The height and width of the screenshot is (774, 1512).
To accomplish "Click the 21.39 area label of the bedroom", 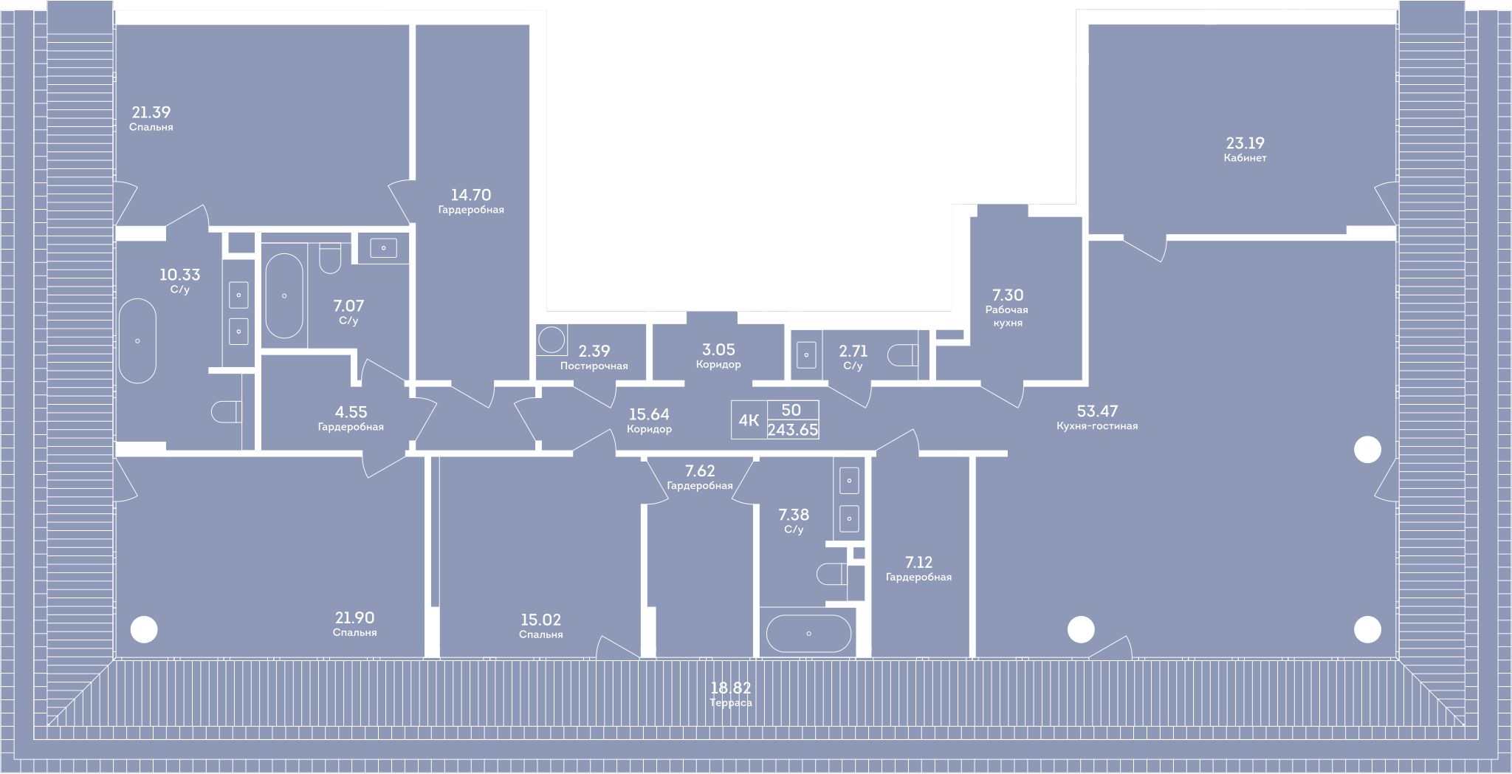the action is click(151, 112).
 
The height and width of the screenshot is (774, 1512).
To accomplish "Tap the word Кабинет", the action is click(1245, 158).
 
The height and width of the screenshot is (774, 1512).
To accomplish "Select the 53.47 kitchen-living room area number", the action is click(1097, 411).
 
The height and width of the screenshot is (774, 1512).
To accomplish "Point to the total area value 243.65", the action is click(793, 430).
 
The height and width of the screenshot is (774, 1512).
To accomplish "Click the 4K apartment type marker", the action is click(749, 421).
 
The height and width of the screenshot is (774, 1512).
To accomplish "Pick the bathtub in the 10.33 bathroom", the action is click(137, 340).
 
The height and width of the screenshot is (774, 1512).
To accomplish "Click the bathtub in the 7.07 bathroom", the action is click(284, 295).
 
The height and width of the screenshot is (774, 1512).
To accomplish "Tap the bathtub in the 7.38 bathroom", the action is click(808, 634).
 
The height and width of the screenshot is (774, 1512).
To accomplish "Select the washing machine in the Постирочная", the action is click(551, 340).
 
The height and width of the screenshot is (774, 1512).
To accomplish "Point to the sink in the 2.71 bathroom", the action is click(806, 355).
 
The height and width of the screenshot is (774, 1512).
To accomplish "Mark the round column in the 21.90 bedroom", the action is click(144, 630).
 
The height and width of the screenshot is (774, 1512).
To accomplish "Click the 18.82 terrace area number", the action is click(731, 688).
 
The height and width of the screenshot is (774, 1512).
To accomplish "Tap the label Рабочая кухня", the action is click(1007, 316).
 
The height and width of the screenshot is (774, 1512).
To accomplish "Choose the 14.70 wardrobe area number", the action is click(471, 195).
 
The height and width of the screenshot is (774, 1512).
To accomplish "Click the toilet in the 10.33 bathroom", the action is click(226, 411).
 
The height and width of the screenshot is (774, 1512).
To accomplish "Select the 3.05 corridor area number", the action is click(718, 350).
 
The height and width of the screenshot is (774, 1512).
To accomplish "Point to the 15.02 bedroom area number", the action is click(541, 620).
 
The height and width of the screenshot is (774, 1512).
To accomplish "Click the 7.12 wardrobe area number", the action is click(918, 562).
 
